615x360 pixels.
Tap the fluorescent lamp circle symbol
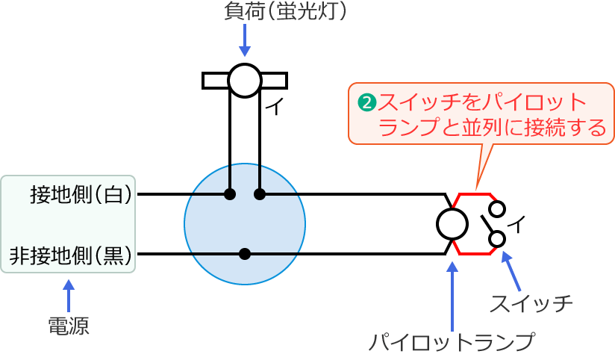click(x=244, y=81)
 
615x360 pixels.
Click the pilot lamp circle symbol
click(x=452, y=223)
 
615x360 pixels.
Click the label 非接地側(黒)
click(x=70, y=255)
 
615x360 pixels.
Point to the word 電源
click(x=68, y=326)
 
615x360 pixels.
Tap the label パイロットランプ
click(x=452, y=343)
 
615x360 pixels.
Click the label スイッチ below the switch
click(x=531, y=304)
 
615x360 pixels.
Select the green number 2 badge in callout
click(x=366, y=102)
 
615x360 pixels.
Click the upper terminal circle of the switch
click(x=497, y=208)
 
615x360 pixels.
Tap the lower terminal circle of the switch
click(x=497, y=239)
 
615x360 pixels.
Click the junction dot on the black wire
click(x=245, y=254)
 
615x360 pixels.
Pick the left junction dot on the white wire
click(x=230, y=195)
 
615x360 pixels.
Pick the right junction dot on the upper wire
click(x=260, y=195)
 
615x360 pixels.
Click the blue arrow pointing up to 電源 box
click(x=69, y=295)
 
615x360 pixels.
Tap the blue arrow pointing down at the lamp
click(x=244, y=41)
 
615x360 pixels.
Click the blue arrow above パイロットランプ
click(x=452, y=291)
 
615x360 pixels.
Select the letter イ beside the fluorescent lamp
click(x=274, y=108)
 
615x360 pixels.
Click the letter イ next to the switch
click(x=517, y=223)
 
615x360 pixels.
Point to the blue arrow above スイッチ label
click(x=512, y=270)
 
